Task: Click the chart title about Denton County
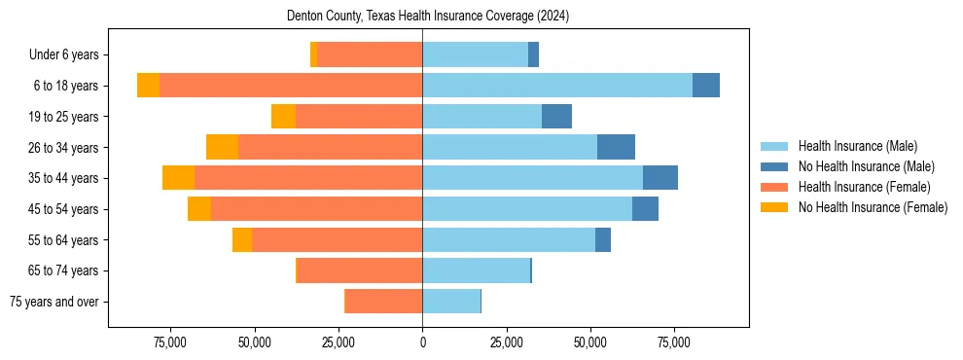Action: (428, 17)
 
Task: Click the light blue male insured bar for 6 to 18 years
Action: (557, 86)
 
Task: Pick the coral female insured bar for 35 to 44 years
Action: (308, 178)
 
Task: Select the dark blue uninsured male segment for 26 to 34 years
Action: (616, 147)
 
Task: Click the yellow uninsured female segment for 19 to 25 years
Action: (283, 117)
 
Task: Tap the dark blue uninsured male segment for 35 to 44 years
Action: (660, 178)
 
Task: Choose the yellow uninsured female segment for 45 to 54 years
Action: (199, 209)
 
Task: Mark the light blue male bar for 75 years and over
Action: (451, 302)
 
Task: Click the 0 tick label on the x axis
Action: (422, 343)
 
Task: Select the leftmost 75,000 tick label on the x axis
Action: (170, 343)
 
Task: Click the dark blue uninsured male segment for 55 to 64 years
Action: (603, 240)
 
